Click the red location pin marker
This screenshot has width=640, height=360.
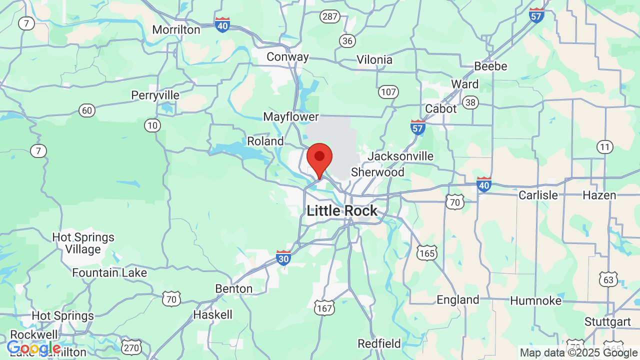(319, 158)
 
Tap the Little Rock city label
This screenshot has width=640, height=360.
(342, 210)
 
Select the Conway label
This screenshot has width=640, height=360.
(287, 57)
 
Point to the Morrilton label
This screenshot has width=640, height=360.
(176, 30)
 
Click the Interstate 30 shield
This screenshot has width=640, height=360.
(283, 257)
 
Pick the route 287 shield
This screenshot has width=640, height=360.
(330, 16)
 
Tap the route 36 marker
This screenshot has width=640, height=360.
(347, 40)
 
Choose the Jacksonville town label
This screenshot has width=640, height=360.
(400, 156)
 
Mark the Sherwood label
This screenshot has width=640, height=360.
(377, 172)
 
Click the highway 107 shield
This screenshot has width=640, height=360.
(388, 91)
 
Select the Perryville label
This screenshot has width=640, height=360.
(155, 95)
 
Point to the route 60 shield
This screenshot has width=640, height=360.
(87, 110)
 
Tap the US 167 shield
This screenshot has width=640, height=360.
(324, 308)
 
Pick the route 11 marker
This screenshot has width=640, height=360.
(605, 147)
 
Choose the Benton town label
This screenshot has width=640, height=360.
(233, 289)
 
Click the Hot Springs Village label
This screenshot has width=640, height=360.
(83, 243)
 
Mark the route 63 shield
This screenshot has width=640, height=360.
(608, 279)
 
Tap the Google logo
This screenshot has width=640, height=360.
(33, 348)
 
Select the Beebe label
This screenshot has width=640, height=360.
(490, 66)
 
